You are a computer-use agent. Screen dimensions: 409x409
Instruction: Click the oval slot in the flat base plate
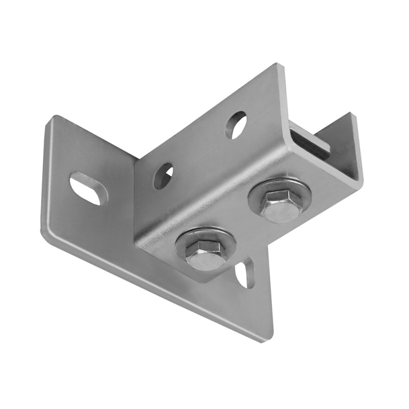(x=88, y=189)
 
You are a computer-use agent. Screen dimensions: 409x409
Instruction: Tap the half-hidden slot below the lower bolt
(x=245, y=274)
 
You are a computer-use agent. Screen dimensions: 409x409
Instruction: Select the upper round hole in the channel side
(x=236, y=124)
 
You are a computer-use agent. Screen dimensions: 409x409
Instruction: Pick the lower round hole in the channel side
(x=163, y=175)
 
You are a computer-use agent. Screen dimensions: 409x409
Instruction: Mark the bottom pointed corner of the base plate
(x=265, y=340)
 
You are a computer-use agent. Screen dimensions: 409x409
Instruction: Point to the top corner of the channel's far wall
(x=351, y=113)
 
